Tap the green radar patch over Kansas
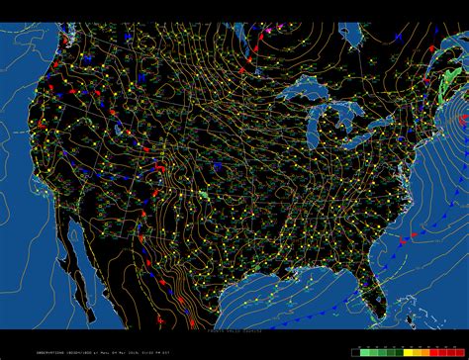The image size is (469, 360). click(204, 195)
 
